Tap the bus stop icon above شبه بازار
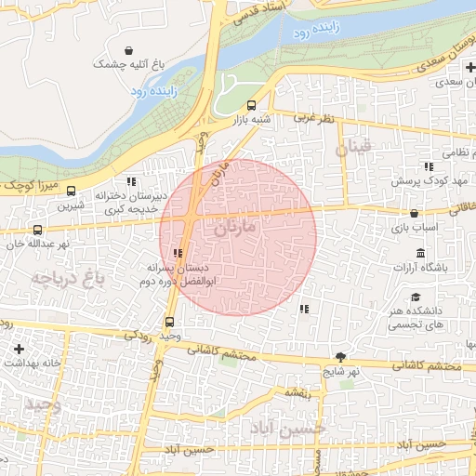pos(252,105)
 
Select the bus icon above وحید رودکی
pos(168,322)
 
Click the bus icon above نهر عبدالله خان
pos(37,230)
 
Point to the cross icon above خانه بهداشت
pos(20,348)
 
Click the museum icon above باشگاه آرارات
pos(420,254)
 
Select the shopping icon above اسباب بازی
pos(414,213)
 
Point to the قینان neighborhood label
pos(354,147)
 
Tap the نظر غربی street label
pos(314,118)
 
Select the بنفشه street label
pos(297,393)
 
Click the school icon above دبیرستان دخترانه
pos(131,181)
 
